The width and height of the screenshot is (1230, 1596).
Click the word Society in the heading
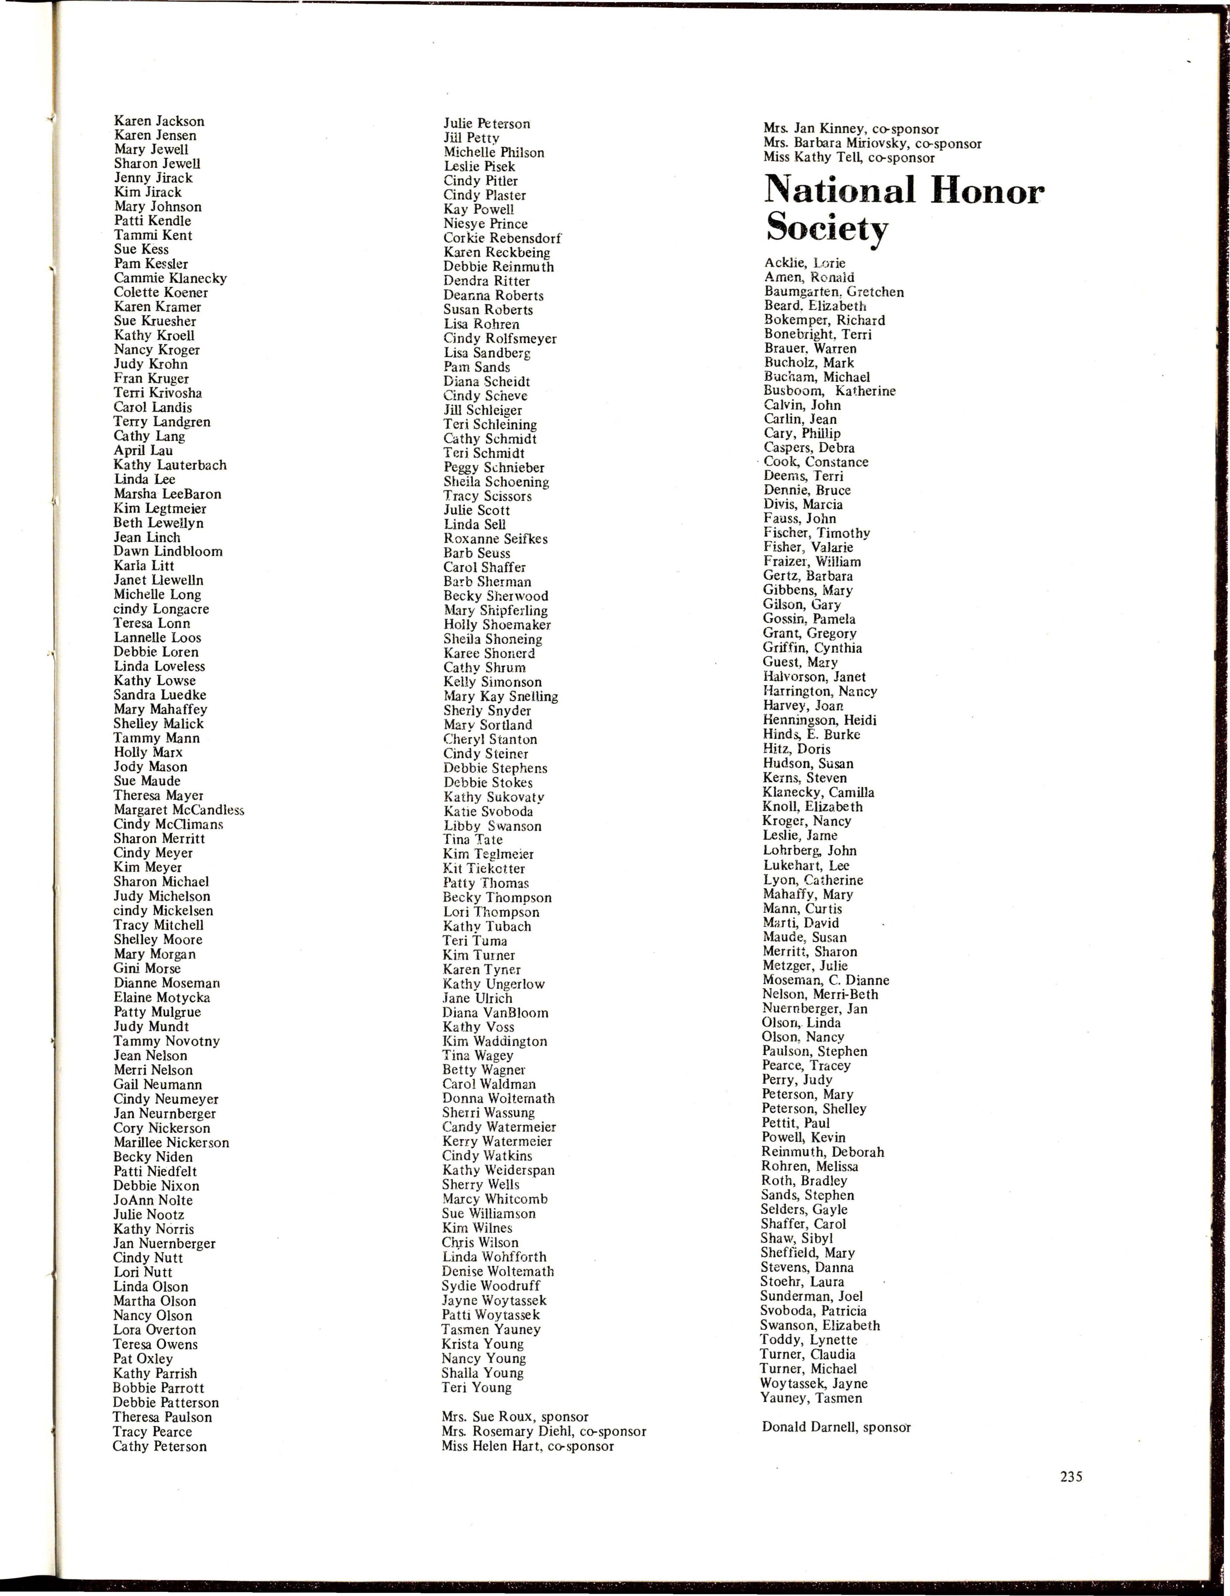pos(826,229)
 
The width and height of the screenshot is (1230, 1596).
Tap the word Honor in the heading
pos(986,191)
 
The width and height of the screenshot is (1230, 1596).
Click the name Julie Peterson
pos(487,124)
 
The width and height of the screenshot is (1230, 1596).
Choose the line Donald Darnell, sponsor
pos(836,1426)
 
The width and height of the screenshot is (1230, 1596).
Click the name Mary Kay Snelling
pos(500,696)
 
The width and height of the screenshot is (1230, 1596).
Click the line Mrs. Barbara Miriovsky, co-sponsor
pos(872,143)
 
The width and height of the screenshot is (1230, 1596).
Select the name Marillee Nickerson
pos(171,1142)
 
